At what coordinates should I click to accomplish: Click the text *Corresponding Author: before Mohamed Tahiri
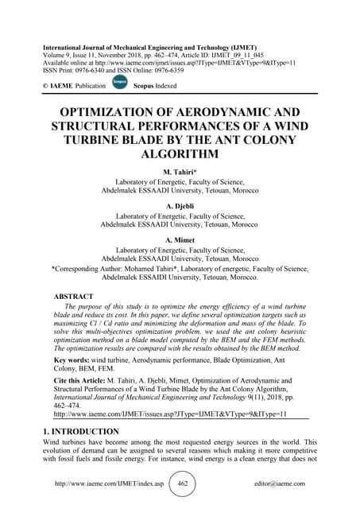pos(93,269)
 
